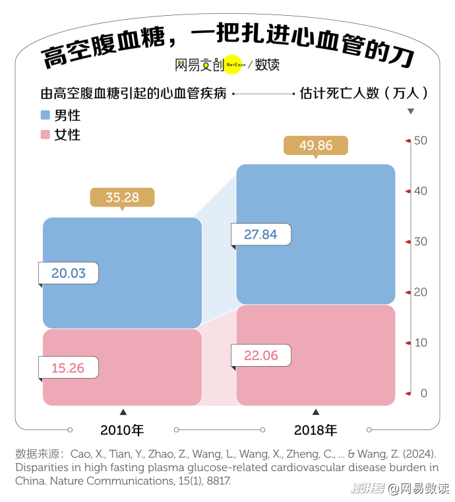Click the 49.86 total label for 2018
(316, 145)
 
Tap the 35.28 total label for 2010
(122, 197)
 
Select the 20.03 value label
(69, 273)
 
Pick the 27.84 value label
(260, 234)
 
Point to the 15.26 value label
(68, 367)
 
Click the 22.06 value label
(260, 356)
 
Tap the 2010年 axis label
(122, 430)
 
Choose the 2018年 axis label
(315, 430)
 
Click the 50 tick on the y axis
(420, 141)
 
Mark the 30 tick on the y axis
(420, 241)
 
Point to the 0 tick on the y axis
(423, 393)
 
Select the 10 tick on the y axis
(420, 342)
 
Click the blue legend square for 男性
(45, 115)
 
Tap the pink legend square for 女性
(45, 135)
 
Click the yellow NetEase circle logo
(235, 65)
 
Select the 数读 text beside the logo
(267, 65)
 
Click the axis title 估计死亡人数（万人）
(363, 94)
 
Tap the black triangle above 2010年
(122, 412)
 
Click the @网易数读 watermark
(417, 489)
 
